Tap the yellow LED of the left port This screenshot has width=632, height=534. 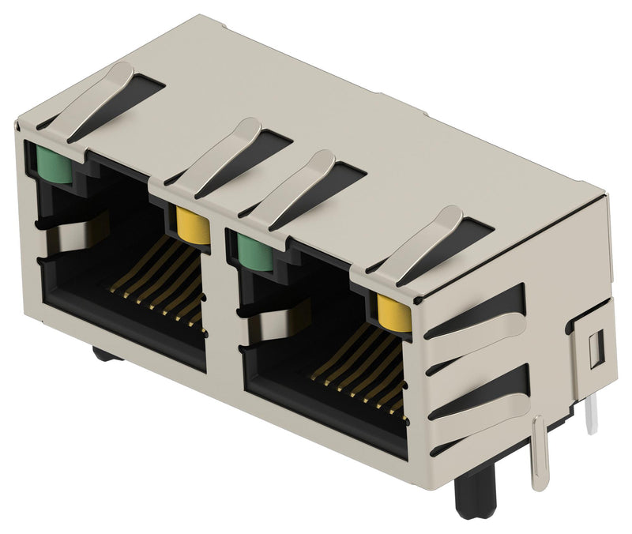[193, 226]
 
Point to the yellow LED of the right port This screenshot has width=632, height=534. [394, 314]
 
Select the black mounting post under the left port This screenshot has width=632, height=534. [107, 354]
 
